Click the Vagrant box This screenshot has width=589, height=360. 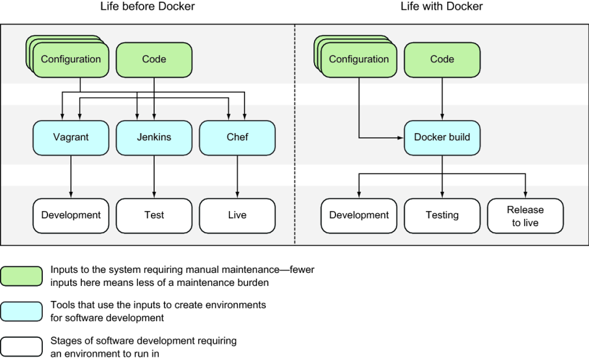(x=71, y=137)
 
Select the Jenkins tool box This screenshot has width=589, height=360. (x=154, y=137)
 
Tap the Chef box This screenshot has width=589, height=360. (x=237, y=137)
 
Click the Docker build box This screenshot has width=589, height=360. (x=442, y=137)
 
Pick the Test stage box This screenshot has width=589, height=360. (x=154, y=215)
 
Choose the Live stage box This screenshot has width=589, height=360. (x=237, y=215)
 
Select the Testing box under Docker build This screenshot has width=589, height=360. (x=442, y=215)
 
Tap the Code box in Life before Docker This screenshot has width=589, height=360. (x=154, y=60)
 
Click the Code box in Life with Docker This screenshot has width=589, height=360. (x=442, y=60)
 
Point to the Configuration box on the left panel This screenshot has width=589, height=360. (x=71, y=60)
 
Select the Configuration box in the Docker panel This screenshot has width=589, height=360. (x=359, y=60)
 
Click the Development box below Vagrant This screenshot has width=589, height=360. (x=71, y=215)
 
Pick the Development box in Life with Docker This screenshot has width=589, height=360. (x=359, y=215)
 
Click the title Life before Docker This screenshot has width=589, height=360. (x=148, y=7)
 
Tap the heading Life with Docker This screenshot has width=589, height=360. (x=441, y=7)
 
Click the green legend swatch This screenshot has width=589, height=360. (x=21, y=276)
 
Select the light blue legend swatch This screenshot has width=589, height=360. (x=21, y=311)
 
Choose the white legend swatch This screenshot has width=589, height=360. (x=21, y=346)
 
